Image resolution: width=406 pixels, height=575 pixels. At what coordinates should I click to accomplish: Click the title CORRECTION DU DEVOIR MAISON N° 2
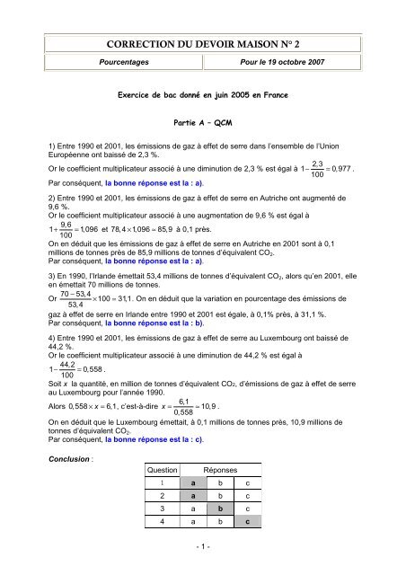(x=202, y=44)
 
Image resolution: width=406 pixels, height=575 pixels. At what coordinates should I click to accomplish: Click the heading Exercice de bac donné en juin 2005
(x=202, y=93)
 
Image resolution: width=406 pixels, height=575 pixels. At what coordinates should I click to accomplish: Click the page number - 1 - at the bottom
(x=202, y=546)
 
